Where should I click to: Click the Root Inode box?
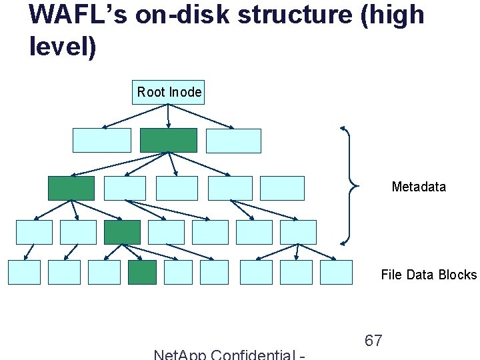pos(169,92)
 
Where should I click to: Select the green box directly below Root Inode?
pos(169,140)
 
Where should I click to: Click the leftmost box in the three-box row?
pos(101,140)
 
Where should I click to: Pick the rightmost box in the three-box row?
pos(233,141)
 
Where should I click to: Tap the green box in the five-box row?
pos(71,188)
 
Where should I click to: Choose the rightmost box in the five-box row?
pos(282,188)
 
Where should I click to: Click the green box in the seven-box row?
pos(122,232)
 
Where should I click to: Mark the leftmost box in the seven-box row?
pos(34,232)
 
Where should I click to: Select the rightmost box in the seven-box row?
pos(298,232)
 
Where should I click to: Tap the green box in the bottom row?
pos(142,272)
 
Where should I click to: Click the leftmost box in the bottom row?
pos(24,272)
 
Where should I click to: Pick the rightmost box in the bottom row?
pos(336,272)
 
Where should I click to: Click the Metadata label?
pos(419,187)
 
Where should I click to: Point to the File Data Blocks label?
pos(429,275)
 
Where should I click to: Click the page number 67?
pos(373,341)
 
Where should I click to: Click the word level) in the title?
pos(63,47)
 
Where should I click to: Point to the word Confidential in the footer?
pos(253,354)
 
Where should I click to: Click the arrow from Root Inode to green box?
pos(169,116)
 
